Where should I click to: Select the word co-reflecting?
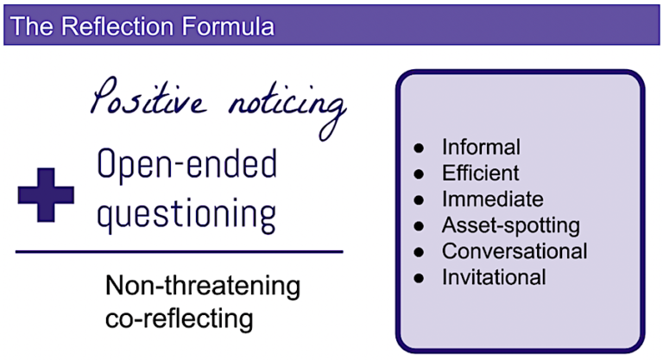click(180, 318)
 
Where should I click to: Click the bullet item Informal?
click(481, 147)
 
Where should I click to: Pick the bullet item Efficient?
click(481, 173)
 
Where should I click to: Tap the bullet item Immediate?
click(492, 199)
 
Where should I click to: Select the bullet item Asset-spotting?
click(510, 226)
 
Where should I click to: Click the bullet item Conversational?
click(515, 251)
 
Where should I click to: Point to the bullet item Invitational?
click(494, 277)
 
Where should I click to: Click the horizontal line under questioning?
click(180, 251)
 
